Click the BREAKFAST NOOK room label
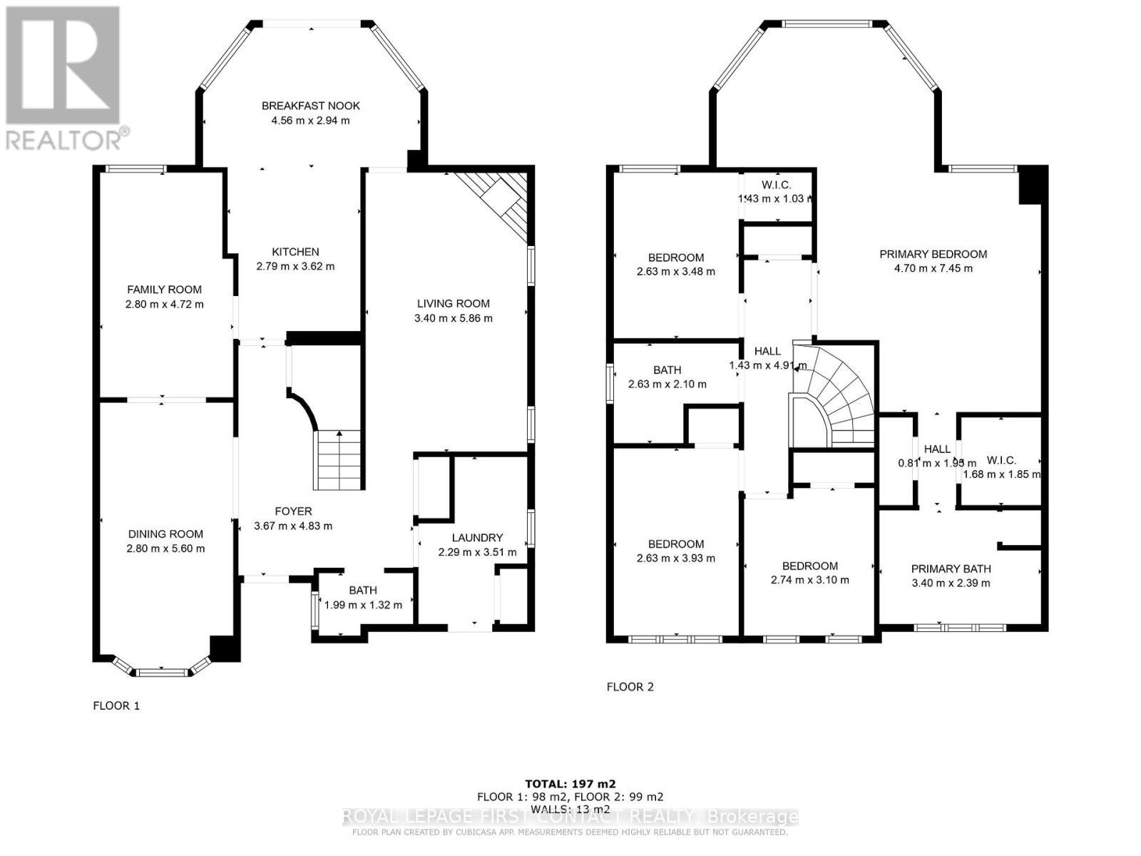tap(310, 106)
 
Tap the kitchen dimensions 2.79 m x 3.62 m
tap(295, 267)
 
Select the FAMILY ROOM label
tap(164, 290)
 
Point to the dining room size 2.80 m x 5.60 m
tap(165, 549)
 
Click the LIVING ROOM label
tap(453, 303)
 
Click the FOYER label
tap(293, 511)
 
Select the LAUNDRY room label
tap(477, 538)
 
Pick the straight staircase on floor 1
tap(339, 460)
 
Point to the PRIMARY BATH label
tap(951, 569)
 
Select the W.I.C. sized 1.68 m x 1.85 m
tap(1001, 474)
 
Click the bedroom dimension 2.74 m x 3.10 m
tap(809, 580)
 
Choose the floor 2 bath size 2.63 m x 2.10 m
tap(667, 384)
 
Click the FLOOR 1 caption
tap(116, 705)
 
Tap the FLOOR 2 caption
tap(630, 687)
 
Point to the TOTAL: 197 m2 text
tap(570, 783)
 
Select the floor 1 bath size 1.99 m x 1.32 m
tap(363, 605)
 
